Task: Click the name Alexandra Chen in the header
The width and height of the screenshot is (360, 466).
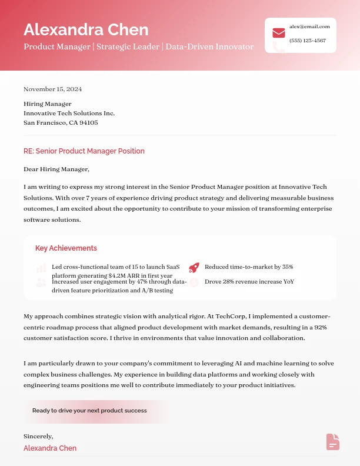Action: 86,29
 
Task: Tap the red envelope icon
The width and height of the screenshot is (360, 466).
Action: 279,33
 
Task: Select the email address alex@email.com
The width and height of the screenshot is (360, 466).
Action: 309,26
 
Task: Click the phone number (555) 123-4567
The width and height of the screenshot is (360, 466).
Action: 308,41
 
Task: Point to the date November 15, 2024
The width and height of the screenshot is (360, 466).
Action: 52,89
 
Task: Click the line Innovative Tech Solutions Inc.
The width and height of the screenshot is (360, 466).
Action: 69,113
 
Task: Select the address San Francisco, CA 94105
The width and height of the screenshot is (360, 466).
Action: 61,122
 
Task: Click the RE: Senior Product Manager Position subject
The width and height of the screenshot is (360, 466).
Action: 84,151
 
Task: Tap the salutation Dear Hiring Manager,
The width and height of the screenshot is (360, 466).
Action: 56,169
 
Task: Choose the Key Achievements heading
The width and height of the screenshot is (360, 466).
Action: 66,248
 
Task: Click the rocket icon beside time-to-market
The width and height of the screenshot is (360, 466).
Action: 194,268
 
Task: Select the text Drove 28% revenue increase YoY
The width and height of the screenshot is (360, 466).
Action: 249,282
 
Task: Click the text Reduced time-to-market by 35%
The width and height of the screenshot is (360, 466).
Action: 249,267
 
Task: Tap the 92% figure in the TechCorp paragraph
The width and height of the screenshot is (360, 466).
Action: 320,327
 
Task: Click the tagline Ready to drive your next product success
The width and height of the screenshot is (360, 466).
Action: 89,411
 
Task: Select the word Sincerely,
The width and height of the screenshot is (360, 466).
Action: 38,436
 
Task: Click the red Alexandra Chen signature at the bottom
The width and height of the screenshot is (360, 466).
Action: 50,448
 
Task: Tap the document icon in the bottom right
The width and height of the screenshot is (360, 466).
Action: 333,442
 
